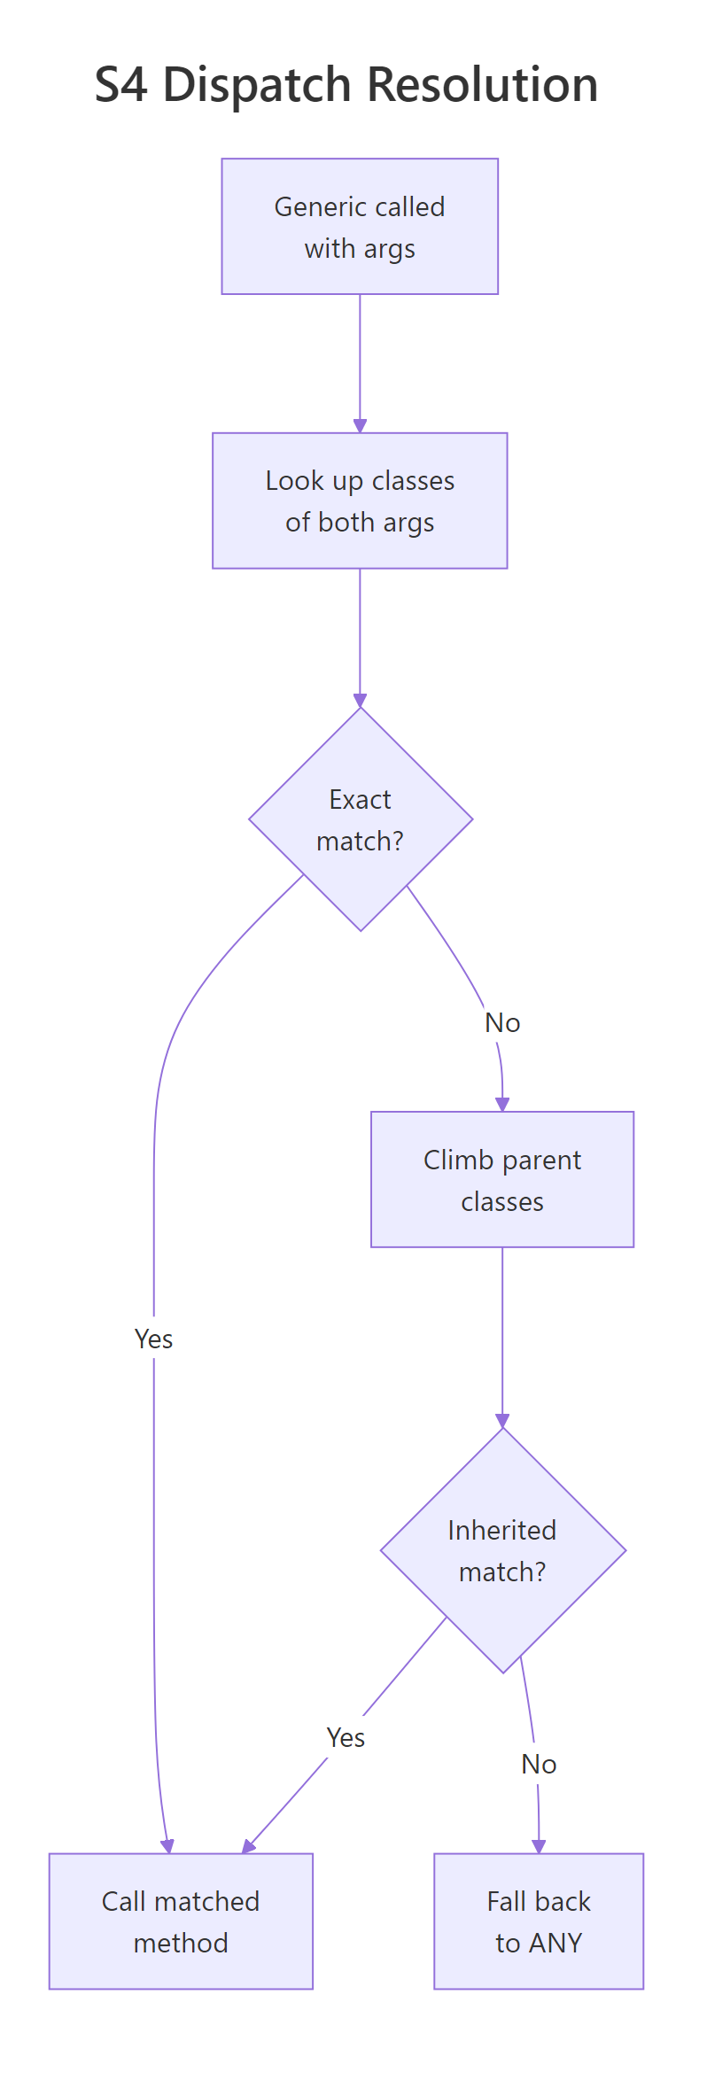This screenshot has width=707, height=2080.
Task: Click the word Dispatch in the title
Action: (257, 86)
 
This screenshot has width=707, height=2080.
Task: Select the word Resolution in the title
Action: (482, 86)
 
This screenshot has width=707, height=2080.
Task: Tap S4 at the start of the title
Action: (123, 86)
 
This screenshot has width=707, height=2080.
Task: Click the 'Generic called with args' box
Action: (360, 227)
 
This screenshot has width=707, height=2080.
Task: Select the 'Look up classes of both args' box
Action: (360, 501)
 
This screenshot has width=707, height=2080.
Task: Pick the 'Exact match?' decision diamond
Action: (361, 819)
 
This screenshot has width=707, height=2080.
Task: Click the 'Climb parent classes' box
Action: (502, 1180)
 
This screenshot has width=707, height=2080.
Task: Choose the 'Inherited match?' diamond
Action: (502, 1550)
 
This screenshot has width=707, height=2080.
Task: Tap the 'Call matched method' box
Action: (181, 1921)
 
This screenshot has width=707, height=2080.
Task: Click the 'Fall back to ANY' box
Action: (539, 1921)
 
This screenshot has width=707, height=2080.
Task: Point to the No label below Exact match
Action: (502, 1023)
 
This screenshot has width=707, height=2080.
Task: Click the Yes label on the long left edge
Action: (153, 1339)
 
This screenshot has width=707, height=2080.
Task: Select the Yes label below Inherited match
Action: (346, 1737)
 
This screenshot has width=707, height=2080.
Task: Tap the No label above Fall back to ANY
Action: (539, 1764)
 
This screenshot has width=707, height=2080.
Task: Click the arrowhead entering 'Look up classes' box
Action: (360, 426)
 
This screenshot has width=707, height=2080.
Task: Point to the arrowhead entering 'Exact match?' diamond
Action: (360, 700)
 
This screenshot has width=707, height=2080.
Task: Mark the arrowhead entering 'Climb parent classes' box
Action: (502, 1105)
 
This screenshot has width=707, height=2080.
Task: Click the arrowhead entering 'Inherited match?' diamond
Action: (502, 1421)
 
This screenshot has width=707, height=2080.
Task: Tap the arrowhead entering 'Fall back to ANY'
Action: (539, 1846)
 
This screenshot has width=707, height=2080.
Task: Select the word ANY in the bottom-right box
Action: (555, 1943)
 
